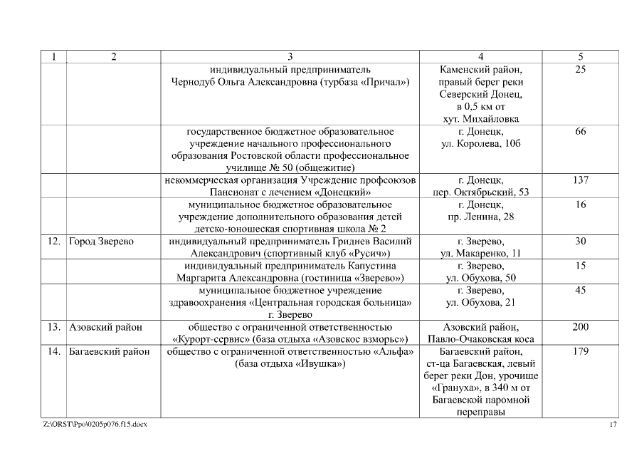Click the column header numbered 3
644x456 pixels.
coord(290,56)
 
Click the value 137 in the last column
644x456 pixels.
coord(580,180)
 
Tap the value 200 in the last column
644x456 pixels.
coord(580,326)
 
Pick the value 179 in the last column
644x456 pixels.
coord(580,351)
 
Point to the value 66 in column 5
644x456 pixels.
coord(580,132)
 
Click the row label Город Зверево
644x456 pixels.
coord(101,242)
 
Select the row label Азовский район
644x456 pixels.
coord(105,326)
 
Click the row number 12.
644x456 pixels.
coord(53,242)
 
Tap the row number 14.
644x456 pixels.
coord(53,351)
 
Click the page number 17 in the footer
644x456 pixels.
coord(613,425)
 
